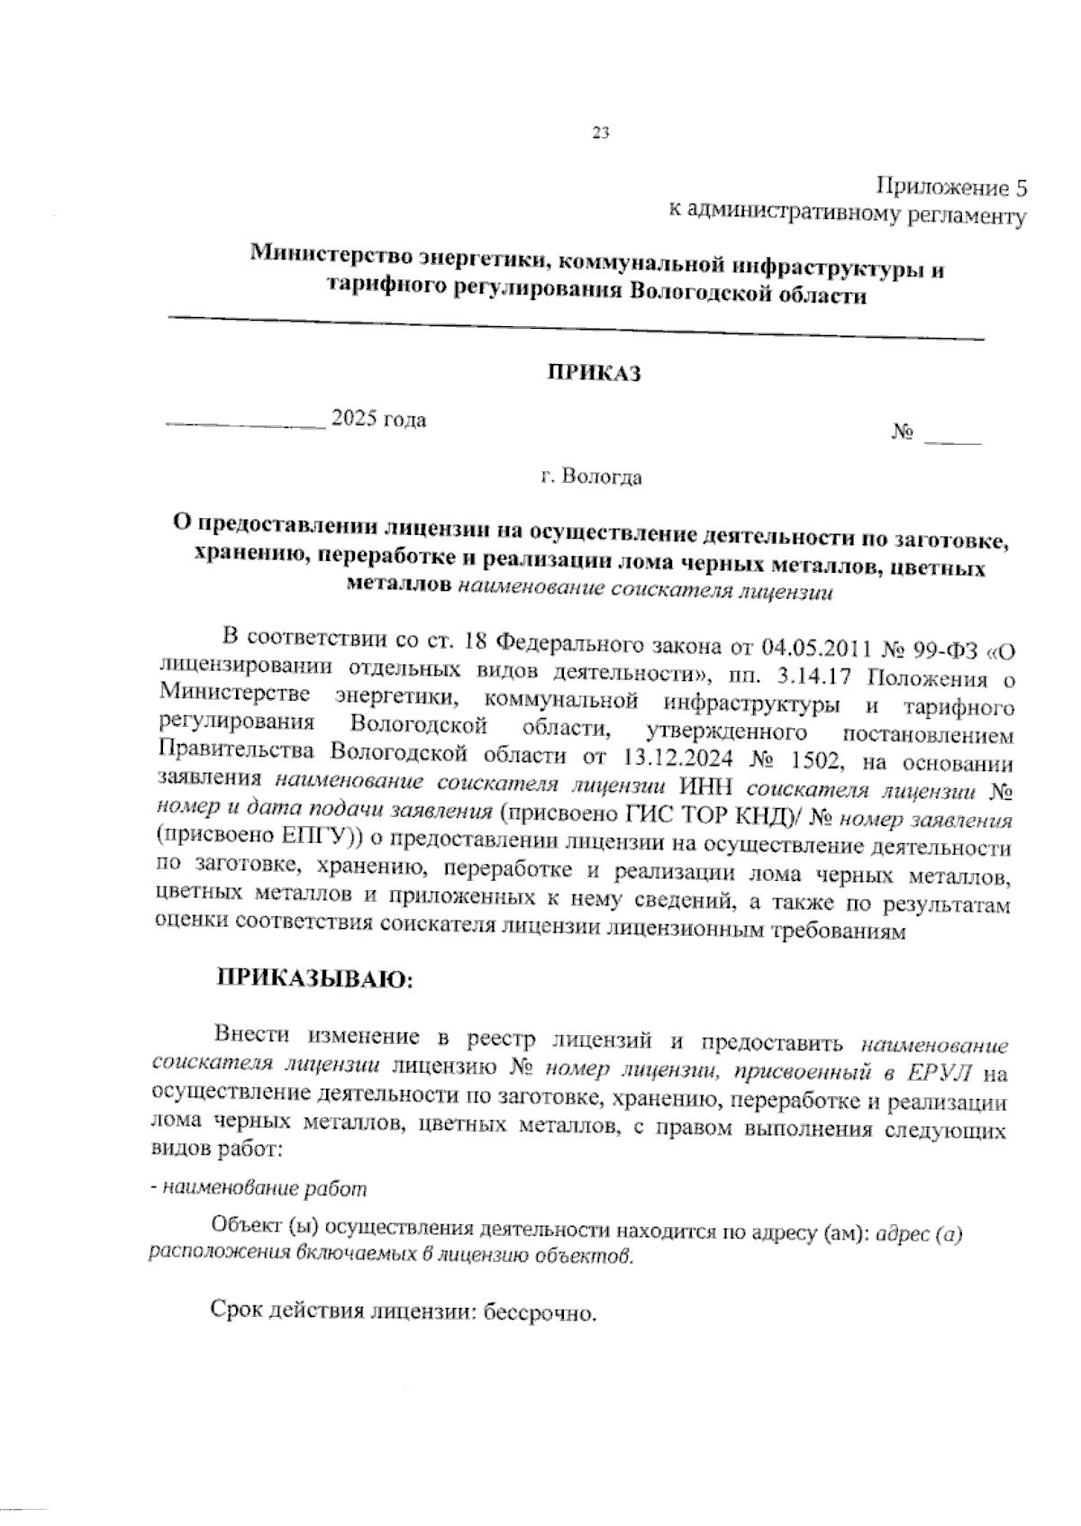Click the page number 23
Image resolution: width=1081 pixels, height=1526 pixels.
click(x=601, y=133)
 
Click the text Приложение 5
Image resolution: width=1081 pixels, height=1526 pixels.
click(x=952, y=187)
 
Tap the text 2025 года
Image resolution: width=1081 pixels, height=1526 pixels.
click(x=378, y=419)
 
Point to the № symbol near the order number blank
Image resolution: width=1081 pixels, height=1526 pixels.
click(x=903, y=435)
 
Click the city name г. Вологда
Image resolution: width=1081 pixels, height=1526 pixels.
click(x=592, y=477)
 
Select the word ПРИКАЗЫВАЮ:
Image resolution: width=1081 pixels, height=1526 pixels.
click(x=312, y=979)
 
